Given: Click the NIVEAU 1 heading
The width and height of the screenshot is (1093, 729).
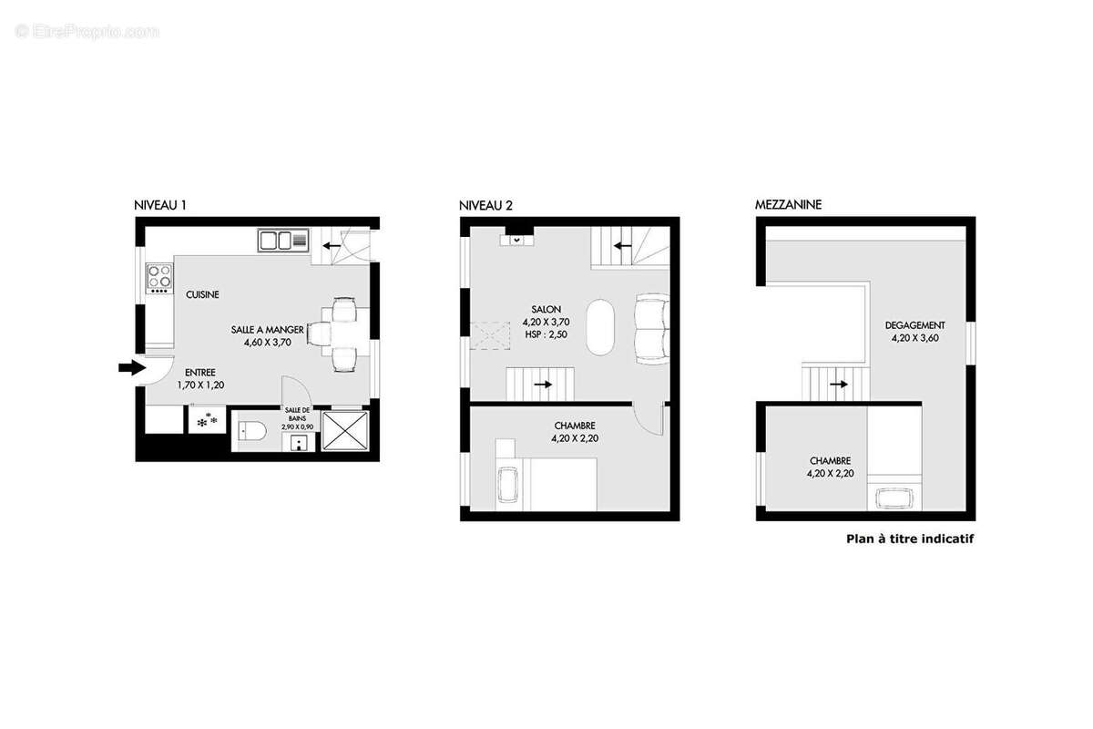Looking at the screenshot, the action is click(160, 205).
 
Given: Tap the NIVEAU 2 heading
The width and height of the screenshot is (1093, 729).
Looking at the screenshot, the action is click(485, 206).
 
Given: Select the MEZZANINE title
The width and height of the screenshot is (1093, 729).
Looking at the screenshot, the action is click(788, 205).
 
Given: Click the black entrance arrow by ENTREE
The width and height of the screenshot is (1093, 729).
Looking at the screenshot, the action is click(132, 367).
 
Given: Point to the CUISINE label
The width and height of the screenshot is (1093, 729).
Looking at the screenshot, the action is click(202, 294).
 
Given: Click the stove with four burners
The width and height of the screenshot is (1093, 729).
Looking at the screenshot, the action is click(159, 278).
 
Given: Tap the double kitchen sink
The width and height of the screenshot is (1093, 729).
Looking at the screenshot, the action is click(283, 241).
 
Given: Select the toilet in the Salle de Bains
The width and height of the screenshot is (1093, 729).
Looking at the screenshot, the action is click(251, 431).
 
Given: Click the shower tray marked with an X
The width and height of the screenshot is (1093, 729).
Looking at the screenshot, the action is click(345, 431).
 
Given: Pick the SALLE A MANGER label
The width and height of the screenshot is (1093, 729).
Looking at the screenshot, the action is click(268, 330).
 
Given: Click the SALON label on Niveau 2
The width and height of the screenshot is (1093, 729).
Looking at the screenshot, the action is click(546, 309).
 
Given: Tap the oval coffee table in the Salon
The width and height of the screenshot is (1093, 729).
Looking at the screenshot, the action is click(600, 326).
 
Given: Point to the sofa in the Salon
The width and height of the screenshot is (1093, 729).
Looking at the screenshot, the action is click(652, 329).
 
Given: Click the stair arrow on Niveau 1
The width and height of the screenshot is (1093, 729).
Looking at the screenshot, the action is click(332, 246).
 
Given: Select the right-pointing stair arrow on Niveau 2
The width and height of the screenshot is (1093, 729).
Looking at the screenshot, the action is click(543, 385).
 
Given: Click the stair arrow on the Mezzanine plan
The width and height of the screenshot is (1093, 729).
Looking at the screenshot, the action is click(839, 385).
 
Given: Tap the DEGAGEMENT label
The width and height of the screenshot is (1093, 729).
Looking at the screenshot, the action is click(914, 325).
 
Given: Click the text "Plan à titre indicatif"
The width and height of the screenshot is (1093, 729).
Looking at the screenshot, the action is click(910, 539).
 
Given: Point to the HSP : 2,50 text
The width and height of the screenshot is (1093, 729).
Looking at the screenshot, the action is click(546, 334).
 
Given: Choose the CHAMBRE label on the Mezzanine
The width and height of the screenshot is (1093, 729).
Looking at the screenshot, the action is click(830, 460).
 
